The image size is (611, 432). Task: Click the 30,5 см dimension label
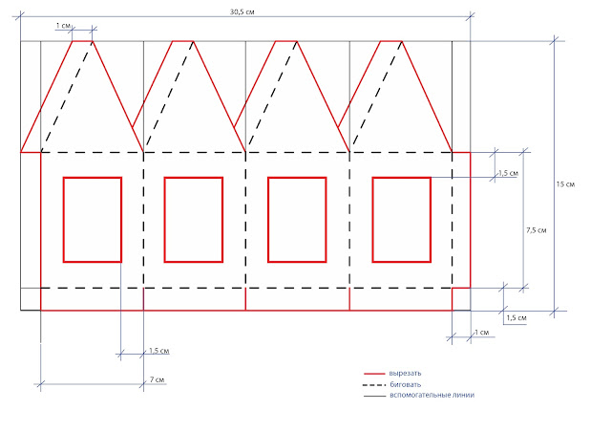242,11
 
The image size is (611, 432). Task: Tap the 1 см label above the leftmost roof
63,26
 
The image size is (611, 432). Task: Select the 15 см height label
565,184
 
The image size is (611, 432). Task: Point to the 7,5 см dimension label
537,230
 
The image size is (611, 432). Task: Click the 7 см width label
157,379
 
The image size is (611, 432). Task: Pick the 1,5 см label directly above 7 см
159,351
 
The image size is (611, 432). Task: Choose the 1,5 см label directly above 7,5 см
508,173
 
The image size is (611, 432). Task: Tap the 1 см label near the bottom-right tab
481,333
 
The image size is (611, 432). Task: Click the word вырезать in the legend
405,374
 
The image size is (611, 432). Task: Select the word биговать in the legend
405,384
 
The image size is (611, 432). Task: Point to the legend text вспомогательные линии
432,395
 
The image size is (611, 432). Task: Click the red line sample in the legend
374,374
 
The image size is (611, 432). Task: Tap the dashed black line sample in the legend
374,385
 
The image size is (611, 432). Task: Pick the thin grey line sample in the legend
374,396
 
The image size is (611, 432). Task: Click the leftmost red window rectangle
63,220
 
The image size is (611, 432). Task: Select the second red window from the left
164,220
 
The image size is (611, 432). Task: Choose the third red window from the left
268,220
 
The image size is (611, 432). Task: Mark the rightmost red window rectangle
372,220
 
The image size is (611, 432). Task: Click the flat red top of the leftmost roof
83,41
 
